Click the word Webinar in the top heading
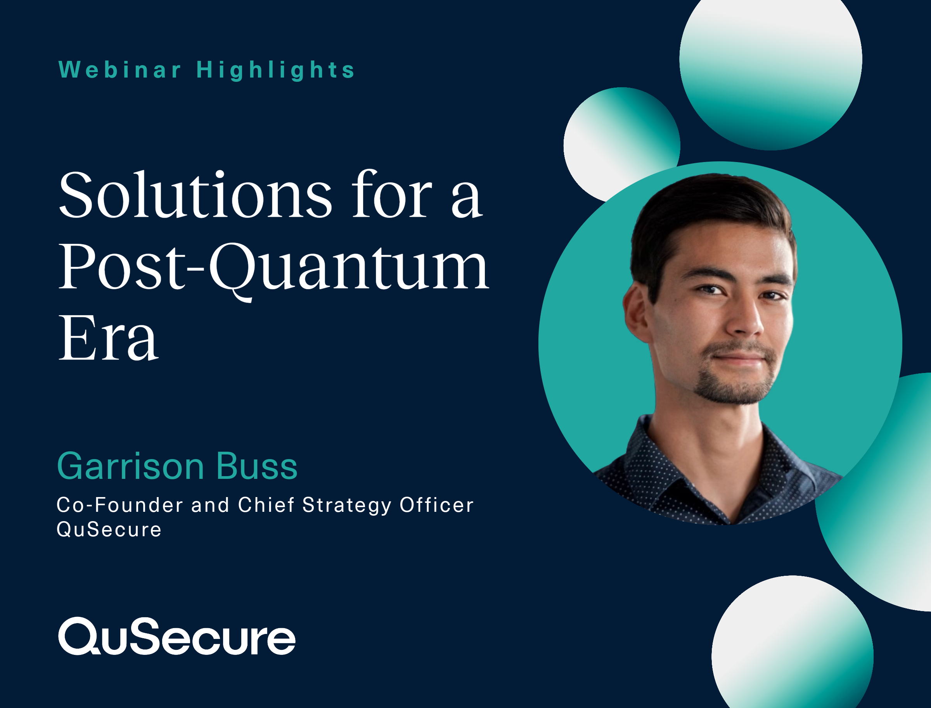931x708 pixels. click(120, 69)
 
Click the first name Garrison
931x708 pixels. click(131, 466)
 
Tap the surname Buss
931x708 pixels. click(257, 466)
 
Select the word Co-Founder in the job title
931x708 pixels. click(120, 505)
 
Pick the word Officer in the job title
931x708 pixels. click(437, 505)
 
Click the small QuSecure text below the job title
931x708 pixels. click(109, 530)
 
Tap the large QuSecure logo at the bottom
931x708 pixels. click(177, 636)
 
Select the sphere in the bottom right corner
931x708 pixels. click(793, 645)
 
